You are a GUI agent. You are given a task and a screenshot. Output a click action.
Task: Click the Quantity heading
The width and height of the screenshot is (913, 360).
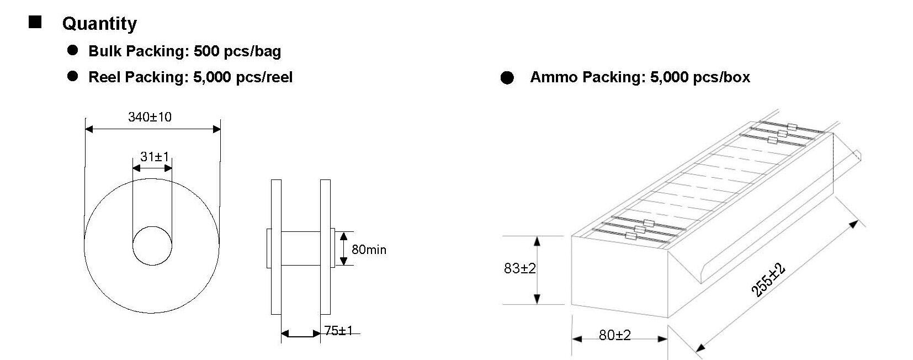pyautogui.click(x=99, y=24)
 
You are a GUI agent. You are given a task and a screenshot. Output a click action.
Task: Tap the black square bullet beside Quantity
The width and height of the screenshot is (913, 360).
pyautogui.click(x=35, y=22)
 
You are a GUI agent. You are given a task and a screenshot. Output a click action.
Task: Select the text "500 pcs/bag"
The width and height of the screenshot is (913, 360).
pyautogui.click(x=237, y=51)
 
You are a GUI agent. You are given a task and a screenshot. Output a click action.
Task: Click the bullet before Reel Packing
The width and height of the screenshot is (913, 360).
pyautogui.click(x=72, y=76)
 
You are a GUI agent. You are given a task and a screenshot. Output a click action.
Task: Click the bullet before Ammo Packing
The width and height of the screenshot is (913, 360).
pyautogui.click(x=507, y=77)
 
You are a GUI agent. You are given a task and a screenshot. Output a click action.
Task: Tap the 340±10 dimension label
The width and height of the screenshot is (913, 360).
pyautogui.click(x=150, y=117)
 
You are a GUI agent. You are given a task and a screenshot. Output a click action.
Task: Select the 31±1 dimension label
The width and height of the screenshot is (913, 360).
pyautogui.click(x=155, y=156)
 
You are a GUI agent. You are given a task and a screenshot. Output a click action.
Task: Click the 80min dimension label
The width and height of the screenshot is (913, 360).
pyautogui.click(x=369, y=250)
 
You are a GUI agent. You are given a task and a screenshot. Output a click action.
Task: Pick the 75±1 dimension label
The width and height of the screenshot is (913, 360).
pyautogui.click(x=338, y=330)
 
